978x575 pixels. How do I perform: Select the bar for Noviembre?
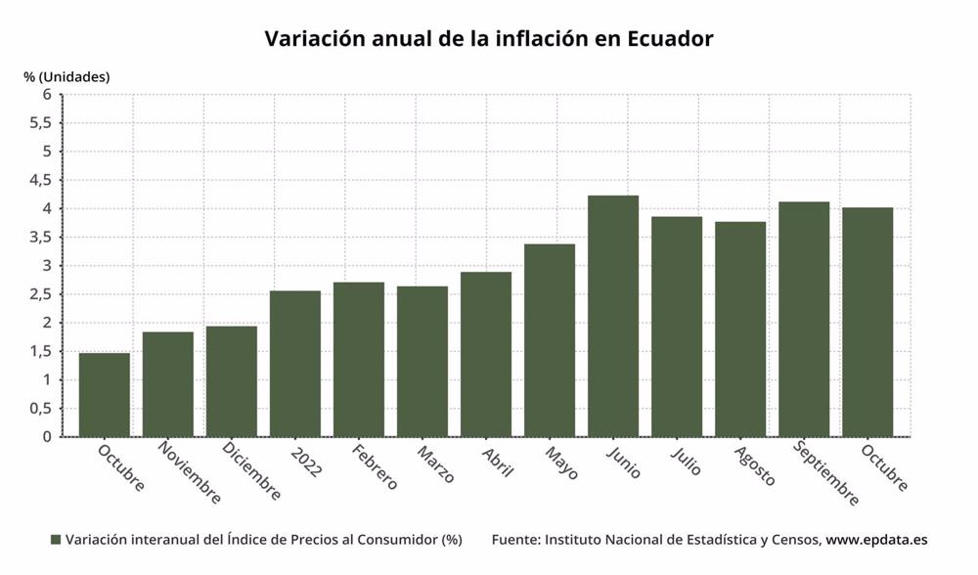coord(168,384)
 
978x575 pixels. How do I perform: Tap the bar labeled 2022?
coord(295,364)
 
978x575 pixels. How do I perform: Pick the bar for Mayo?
coord(550,340)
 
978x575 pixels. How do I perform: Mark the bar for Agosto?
coord(740,329)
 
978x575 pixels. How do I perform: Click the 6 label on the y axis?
coord(45,95)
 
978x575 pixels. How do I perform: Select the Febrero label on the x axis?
coord(375,468)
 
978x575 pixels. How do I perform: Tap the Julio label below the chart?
coord(686,462)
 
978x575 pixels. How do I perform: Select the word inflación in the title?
coord(534,39)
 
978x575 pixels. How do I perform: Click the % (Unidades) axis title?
coord(67,76)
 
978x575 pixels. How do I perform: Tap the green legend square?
coord(56,540)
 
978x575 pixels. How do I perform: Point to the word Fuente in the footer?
coord(513,540)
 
